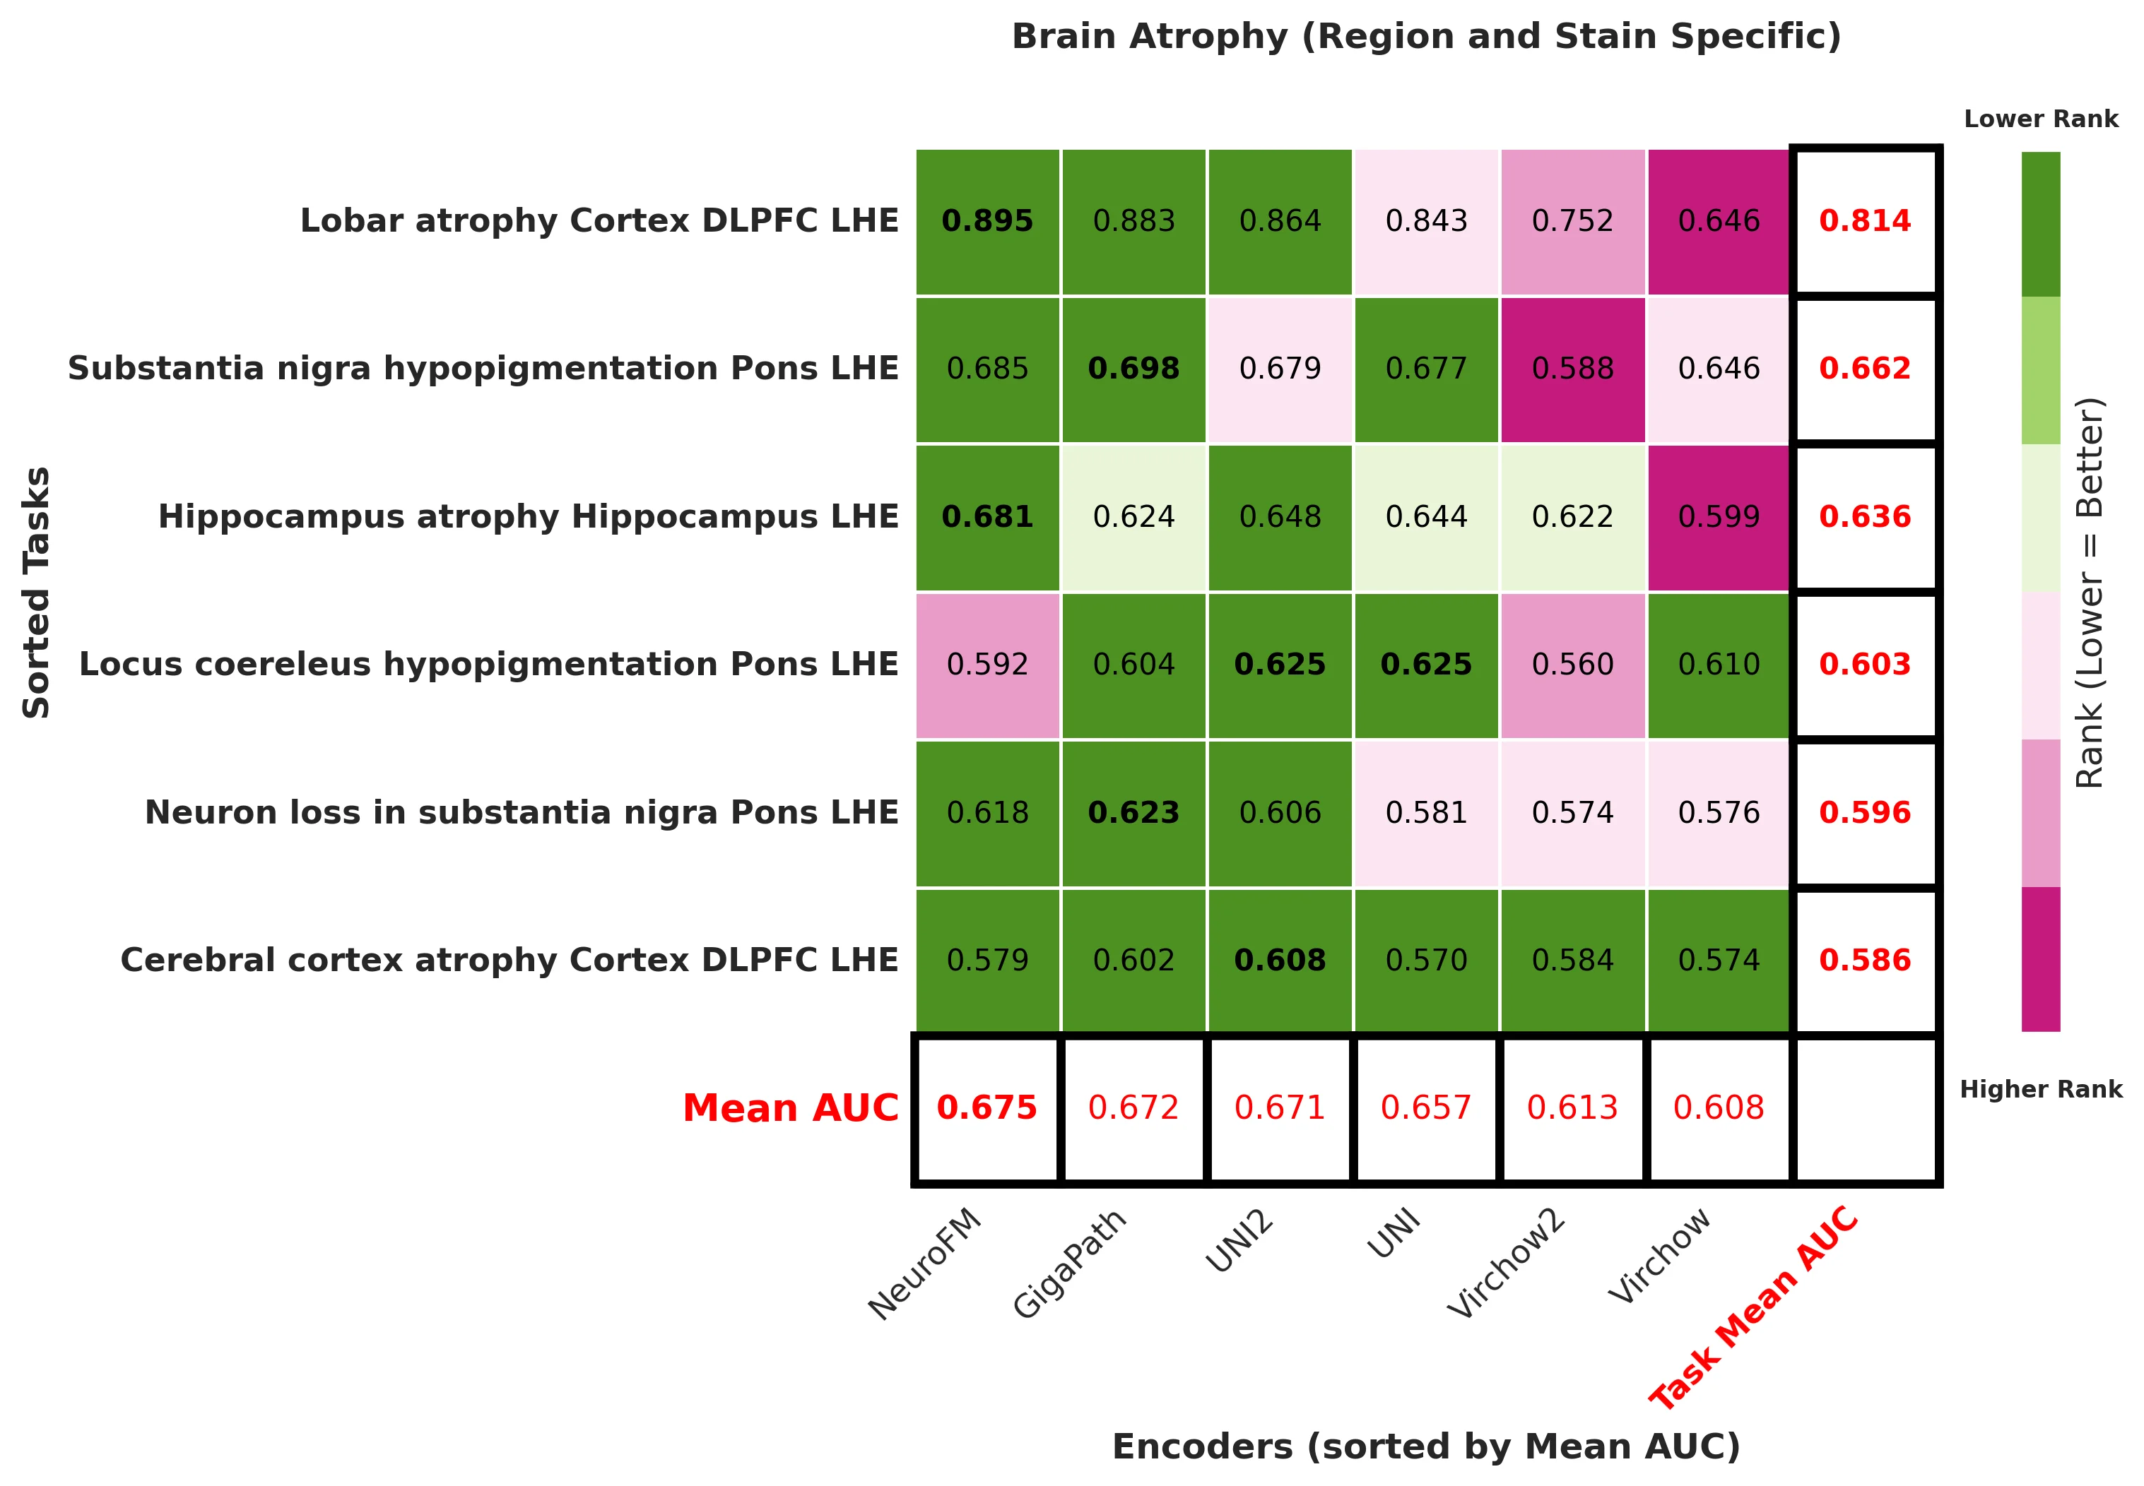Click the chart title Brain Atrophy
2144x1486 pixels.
[1425, 37]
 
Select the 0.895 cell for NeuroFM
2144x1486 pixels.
[987, 222]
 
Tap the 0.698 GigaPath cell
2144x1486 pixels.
[1133, 369]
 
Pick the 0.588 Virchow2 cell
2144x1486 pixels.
[1572, 369]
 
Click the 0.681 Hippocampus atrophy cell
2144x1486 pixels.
[987, 517]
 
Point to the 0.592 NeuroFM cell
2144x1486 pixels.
[987, 665]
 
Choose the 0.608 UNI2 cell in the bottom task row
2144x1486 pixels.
[1280, 960]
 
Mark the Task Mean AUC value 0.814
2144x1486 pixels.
[1865, 222]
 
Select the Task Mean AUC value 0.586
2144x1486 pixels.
[1865, 960]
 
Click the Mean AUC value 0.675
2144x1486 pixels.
[987, 1108]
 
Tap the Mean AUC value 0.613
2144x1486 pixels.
[1572, 1108]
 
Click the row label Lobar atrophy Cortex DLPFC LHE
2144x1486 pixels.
[599, 222]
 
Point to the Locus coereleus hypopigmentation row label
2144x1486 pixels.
[488, 665]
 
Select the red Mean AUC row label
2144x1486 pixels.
[790, 1108]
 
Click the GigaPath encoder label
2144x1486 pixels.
[1071, 1263]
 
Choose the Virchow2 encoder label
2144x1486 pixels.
[1507, 1263]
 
